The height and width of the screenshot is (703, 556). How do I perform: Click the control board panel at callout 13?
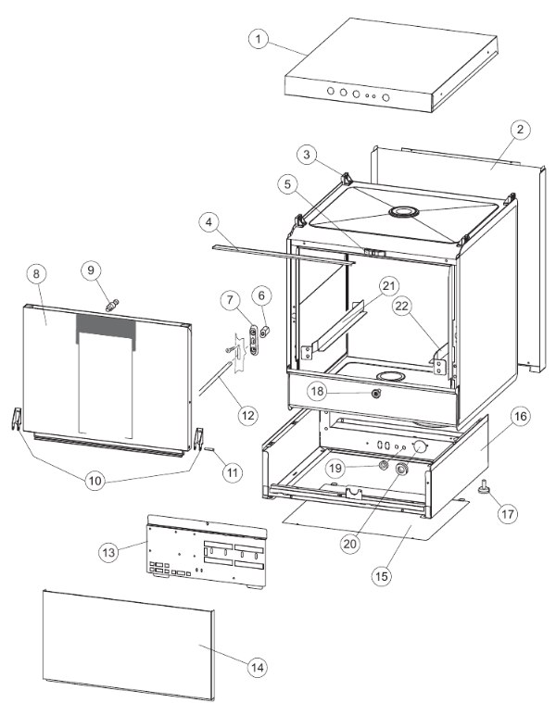(204, 556)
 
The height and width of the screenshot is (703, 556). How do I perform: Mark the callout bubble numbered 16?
(520, 417)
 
